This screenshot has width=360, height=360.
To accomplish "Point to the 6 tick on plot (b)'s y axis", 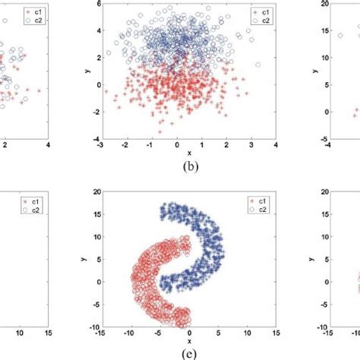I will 96,5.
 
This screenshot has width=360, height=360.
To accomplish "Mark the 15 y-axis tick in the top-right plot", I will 324,31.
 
